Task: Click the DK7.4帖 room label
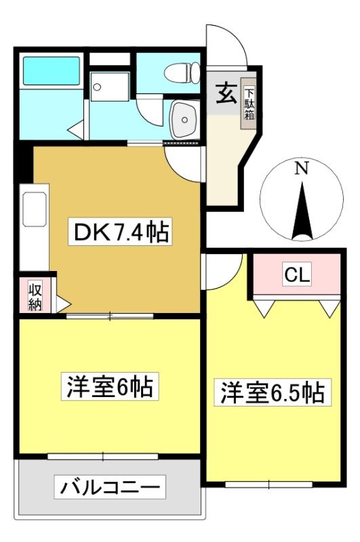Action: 121,232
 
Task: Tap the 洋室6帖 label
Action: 110,386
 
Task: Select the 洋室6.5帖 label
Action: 272,392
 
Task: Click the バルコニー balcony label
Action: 110,487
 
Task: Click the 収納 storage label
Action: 35,297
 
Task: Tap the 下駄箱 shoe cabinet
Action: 249,104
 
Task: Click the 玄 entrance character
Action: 226,93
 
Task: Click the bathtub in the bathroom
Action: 51,70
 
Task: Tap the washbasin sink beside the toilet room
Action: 184,119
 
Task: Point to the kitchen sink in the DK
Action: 34,209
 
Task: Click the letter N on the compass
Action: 302,169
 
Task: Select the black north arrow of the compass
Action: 302,211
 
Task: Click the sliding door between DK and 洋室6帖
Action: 110,316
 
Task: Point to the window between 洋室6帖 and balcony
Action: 102,456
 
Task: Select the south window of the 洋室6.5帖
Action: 268,484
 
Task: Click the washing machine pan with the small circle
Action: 109,87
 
